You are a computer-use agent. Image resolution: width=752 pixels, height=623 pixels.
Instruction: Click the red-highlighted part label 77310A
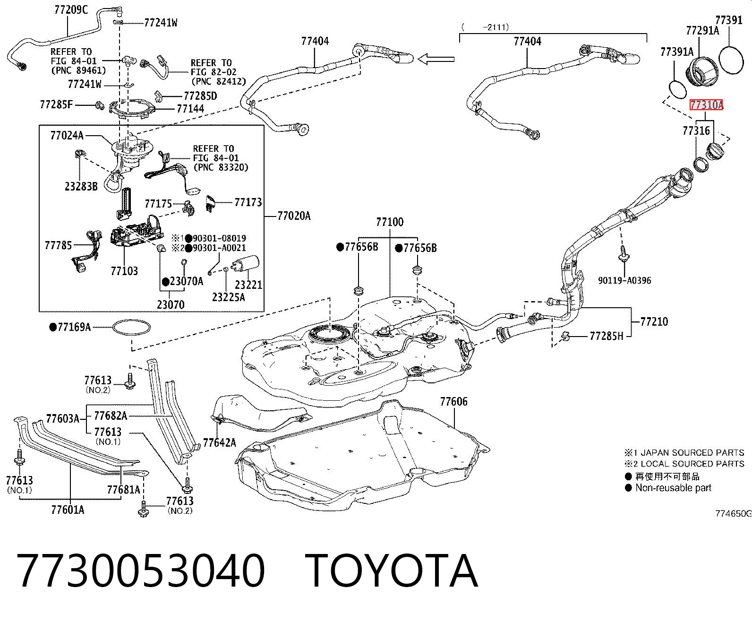(x=706, y=105)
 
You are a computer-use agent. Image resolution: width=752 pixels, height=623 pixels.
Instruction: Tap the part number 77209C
(x=71, y=10)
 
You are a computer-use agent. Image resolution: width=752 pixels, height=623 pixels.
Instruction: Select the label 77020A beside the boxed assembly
(x=294, y=216)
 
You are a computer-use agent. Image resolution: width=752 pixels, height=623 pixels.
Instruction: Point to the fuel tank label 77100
(x=390, y=222)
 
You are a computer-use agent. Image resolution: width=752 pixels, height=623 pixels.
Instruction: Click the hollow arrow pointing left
(x=436, y=59)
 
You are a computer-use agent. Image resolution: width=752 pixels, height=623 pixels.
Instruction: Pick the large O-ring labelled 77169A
(x=131, y=328)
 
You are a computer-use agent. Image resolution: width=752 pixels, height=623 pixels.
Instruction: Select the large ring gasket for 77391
(x=731, y=60)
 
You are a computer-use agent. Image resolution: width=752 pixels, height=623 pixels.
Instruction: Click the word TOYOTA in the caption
(x=392, y=571)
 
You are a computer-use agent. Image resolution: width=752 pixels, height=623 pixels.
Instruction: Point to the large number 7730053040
(x=141, y=571)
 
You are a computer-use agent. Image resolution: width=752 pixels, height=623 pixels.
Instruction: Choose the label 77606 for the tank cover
(x=454, y=401)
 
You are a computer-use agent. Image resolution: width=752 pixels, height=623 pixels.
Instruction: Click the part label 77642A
(x=219, y=443)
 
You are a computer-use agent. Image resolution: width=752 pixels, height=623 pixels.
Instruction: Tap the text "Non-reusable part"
(x=674, y=488)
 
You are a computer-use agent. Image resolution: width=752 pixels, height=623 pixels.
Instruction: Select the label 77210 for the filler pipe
(x=654, y=321)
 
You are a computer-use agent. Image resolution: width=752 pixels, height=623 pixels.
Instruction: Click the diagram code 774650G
(x=733, y=513)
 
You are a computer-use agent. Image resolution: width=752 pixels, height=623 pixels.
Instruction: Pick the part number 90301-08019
(x=220, y=238)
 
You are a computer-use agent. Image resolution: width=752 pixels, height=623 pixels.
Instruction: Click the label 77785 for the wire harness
(x=59, y=245)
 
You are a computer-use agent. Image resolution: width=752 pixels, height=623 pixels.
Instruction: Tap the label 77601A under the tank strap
(x=68, y=510)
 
